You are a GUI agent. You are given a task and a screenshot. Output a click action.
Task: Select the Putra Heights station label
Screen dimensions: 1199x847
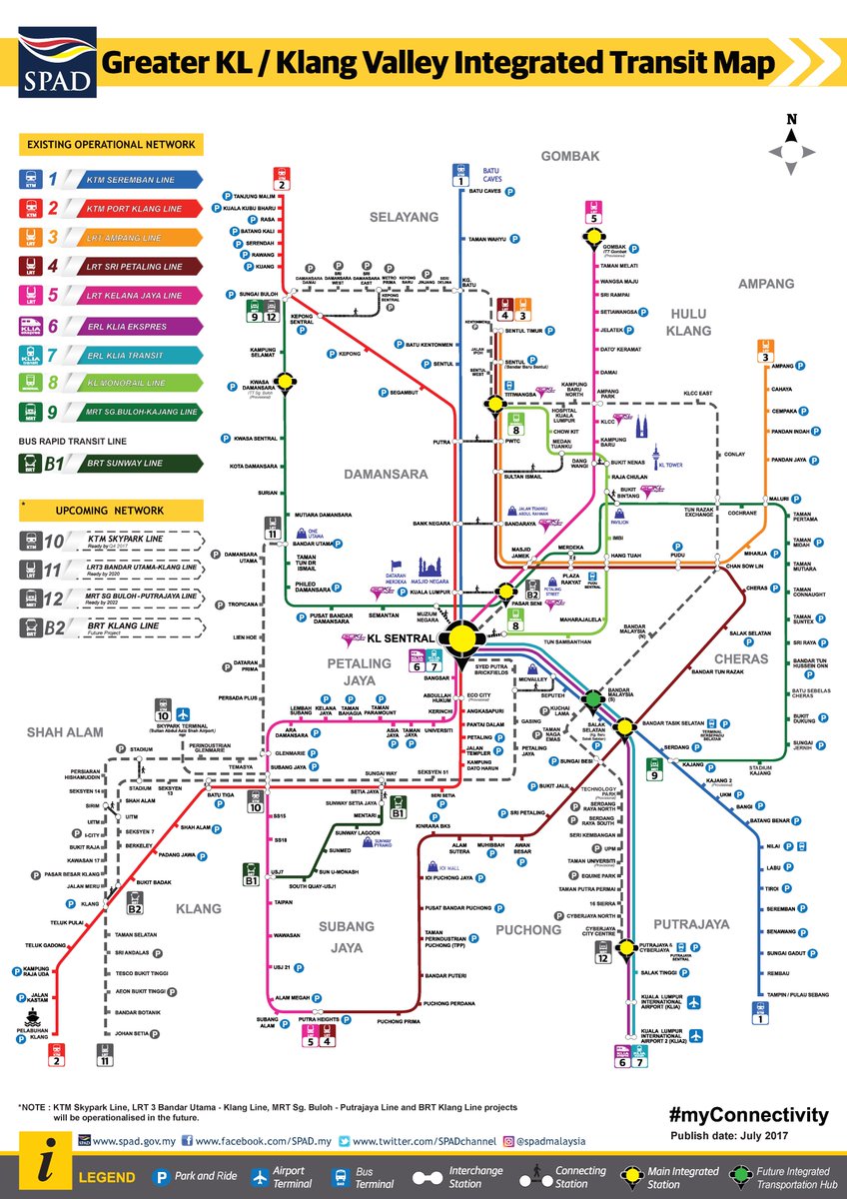tap(318, 1020)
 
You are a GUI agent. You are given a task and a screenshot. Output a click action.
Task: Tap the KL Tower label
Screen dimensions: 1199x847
tap(670, 466)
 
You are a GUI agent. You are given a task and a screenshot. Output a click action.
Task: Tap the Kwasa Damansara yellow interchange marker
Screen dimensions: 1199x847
tap(286, 380)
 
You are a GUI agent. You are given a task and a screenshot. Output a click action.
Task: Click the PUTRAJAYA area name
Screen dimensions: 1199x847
tap(691, 924)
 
